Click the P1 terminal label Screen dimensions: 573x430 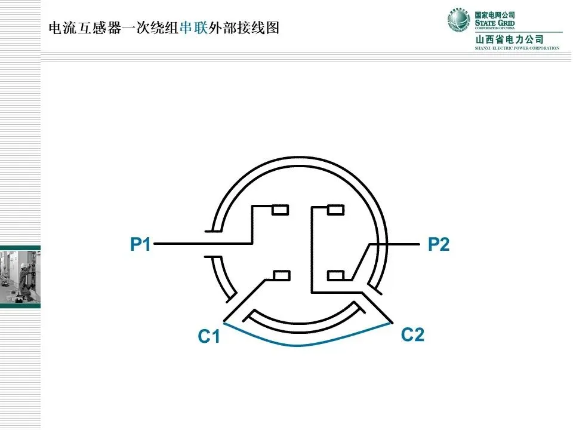(x=141, y=244)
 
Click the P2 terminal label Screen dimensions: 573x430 (x=439, y=244)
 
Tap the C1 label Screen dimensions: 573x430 (x=209, y=337)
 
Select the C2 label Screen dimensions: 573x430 (x=412, y=334)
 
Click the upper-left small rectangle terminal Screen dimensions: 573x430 (x=281, y=210)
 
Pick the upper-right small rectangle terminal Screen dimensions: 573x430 (x=336, y=210)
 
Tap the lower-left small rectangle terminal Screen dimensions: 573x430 (x=281, y=275)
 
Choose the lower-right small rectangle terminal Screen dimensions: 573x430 (x=336, y=275)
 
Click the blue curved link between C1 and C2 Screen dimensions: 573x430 (x=304, y=345)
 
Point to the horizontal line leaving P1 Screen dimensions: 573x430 (x=179, y=244)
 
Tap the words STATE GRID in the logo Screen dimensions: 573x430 (x=495, y=23)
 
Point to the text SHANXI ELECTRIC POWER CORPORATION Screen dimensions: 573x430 (x=517, y=48)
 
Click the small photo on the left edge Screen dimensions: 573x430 (x=20, y=277)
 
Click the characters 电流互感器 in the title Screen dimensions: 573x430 (x=83, y=28)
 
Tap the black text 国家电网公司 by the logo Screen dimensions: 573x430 (x=495, y=14)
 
